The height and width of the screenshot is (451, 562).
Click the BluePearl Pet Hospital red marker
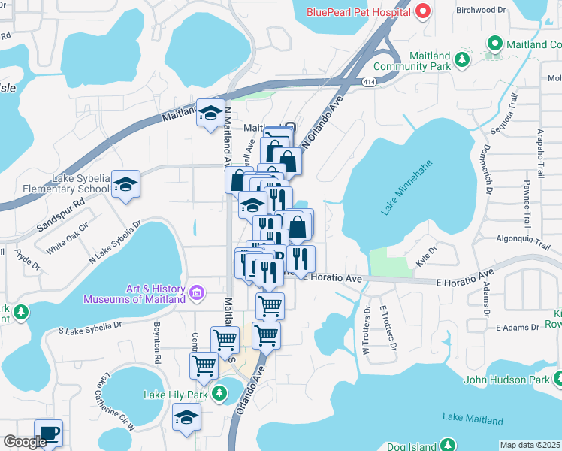tap(422, 11)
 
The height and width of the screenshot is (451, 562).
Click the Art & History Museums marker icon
tap(197, 292)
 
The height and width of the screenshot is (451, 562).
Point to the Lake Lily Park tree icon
tap(219, 392)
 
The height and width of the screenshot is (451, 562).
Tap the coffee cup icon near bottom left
tap(49, 433)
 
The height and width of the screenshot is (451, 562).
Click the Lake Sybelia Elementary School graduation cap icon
tap(127, 184)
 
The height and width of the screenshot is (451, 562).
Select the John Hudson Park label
tap(507, 380)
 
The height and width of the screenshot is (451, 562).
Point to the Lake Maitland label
tap(467, 417)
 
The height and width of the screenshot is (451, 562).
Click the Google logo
tap(25, 442)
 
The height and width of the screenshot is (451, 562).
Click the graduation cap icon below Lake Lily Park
tap(186, 418)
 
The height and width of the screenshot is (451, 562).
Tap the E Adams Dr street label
tap(518, 328)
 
